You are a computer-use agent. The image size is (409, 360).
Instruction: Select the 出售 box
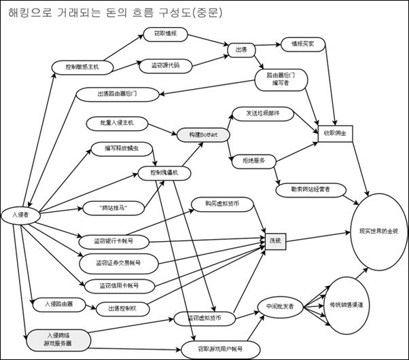pos(241,48)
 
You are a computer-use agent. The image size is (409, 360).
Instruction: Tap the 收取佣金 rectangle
pos(334,134)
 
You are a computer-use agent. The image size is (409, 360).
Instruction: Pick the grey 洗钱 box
pos(274,240)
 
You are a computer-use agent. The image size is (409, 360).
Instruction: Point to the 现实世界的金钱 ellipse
pos(374,231)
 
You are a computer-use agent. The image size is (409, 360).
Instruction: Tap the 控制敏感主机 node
pos(82,67)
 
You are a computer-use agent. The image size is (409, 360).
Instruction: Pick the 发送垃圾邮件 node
pos(256,112)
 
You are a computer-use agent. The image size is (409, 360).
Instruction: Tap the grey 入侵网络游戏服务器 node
pos(58,339)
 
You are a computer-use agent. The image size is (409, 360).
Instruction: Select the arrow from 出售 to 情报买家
pos(269,46)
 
